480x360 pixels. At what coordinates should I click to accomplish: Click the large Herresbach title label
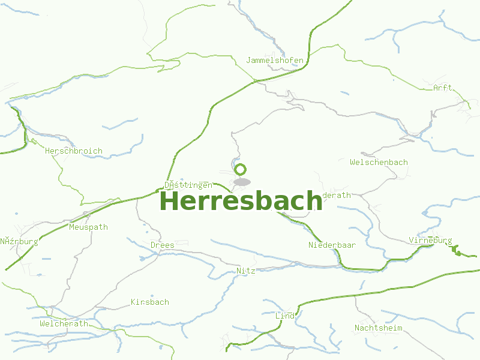click(241, 201)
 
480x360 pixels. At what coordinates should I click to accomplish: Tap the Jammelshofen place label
click(275, 61)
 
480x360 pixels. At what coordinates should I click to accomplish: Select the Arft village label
click(443, 88)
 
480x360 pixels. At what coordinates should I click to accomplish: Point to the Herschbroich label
click(74, 151)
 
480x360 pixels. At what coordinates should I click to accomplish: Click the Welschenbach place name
click(379, 163)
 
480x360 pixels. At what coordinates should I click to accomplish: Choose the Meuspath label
click(88, 227)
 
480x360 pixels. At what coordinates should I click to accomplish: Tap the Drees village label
click(163, 245)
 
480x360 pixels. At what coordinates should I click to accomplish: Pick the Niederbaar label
click(332, 245)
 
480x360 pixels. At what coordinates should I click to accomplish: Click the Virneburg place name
click(430, 241)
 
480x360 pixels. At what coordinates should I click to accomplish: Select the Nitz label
click(246, 271)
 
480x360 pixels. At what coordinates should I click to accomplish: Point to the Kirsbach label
click(150, 302)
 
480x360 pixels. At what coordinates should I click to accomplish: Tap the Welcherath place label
click(64, 324)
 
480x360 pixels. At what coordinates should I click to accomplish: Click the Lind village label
click(285, 316)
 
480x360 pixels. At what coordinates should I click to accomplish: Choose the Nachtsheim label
click(378, 328)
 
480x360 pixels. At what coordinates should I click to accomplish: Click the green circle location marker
click(241, 169)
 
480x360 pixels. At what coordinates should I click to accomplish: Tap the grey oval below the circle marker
click(242, 181)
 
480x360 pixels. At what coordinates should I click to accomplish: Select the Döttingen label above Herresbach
click(188, 185)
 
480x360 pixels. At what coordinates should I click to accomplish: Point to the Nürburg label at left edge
click(19, 242)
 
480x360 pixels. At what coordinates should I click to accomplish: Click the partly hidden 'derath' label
click(337, 196)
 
